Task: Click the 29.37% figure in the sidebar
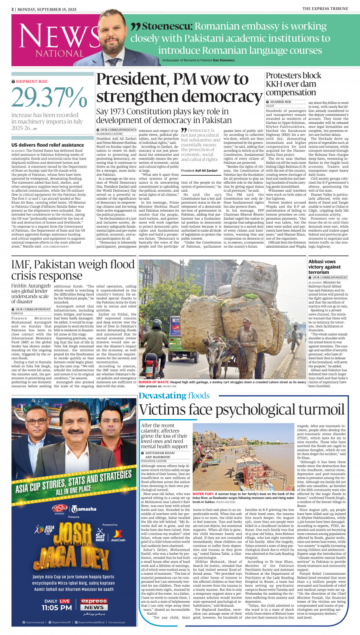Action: click(49, 97)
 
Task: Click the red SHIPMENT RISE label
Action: click(32, 81)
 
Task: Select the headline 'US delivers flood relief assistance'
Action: click(48, 145)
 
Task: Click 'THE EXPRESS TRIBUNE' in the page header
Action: click(329, 8)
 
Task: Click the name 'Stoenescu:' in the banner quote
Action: click(167, 27)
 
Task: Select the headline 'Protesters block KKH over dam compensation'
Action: click(293, 84)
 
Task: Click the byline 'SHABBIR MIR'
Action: click(281, 102)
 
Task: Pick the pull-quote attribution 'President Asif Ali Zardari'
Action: click(199, 171)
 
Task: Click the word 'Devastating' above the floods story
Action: click(162, 395)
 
